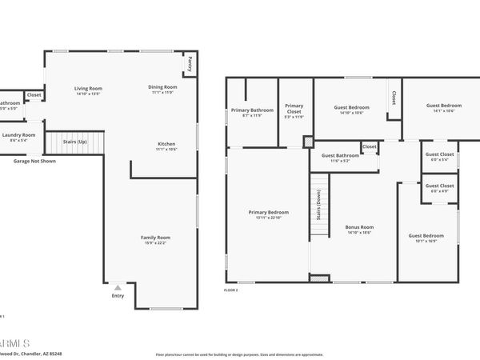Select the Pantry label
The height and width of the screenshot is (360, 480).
click(190, 62)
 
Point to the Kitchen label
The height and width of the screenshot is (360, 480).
click(166, 144)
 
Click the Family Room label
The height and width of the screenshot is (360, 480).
click(156, 238)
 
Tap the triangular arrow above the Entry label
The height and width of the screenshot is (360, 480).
click(118, 286)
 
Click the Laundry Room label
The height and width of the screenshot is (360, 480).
click(18, 136)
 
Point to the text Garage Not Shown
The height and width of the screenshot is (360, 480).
click(34, 161)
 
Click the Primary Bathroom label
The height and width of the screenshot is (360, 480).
click(252, 110)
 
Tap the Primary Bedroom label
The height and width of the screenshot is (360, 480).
click(266, 212)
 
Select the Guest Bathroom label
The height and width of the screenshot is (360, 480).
click(340, 155)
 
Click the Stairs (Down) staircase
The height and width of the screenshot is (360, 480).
click(319, 206)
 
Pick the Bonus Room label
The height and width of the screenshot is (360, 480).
click(359, 227)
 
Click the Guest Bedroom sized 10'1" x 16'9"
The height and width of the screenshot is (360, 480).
click(426, 235)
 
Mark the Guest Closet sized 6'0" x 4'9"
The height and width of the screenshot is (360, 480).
click(439, 186)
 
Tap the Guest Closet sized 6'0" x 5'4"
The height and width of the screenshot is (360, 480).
click(439, 154)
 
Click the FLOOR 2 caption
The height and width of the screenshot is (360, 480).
click(232, 290)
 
